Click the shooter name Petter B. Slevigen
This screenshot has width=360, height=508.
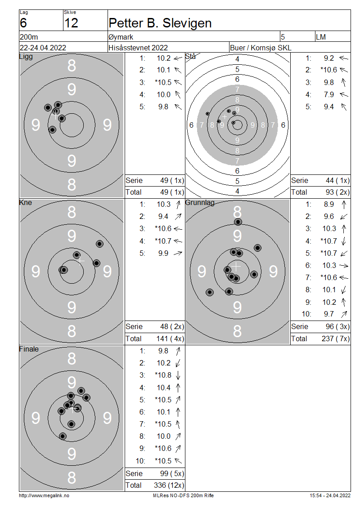(x=160, y=23)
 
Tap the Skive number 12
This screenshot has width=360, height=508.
(x=72, y=23)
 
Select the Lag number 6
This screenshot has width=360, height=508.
(x=23, y=23)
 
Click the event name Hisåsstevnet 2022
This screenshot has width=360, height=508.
(x=138, y=48)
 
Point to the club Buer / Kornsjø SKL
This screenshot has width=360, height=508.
(x=261, y=48)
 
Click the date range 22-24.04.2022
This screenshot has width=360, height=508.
(x=43, y=48)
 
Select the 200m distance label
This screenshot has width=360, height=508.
(x=29, y=37)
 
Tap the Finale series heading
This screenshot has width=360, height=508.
(x=29, y=349)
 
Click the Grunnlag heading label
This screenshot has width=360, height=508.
(x=200, y=202)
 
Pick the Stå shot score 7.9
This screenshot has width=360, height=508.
(x=328, y=94)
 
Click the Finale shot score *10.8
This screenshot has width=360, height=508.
(x=163, y=375)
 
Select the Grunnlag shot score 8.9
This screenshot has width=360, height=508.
(x=328, y=205)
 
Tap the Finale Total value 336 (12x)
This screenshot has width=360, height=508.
(x=169, y=486)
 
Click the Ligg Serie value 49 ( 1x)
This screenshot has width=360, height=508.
(x=172, y=180)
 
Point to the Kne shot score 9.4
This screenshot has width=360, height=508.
(x=163, y=216)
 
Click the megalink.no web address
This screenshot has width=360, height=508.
(x=44, y=495)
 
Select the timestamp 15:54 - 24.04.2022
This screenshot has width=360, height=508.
(x=330, y=495)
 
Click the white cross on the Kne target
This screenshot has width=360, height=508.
(x=80, y=260)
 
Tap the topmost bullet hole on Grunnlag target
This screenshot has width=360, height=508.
(x=238, y=222)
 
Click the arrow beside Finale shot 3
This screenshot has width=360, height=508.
(x=178, y=375)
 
